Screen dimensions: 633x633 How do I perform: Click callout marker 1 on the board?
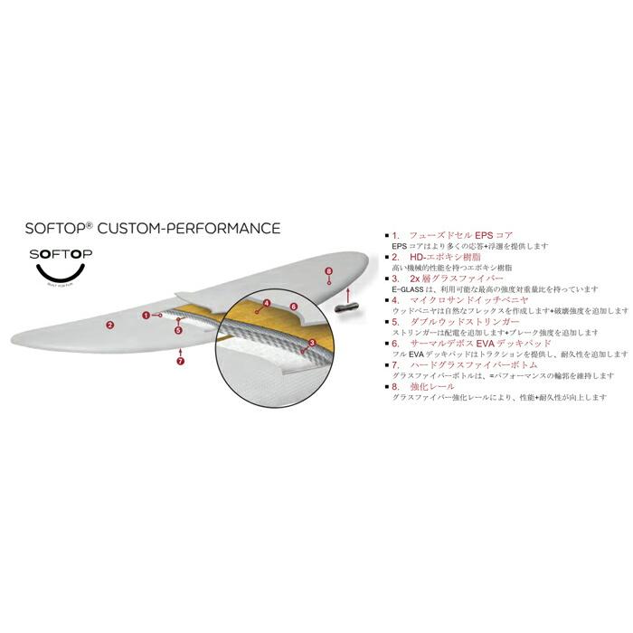click(x=146, y=314)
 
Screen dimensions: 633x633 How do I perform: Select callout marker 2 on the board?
click(x=109, y=324)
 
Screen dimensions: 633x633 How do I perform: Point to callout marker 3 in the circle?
click(x=311, y=343)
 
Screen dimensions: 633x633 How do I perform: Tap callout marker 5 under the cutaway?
click(x=179, y=330)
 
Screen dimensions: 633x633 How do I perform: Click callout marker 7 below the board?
click(x=181, y=362)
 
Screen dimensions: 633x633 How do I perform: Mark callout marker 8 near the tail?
click(x=328, y=270)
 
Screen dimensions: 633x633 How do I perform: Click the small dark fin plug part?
click(x=347, y=308)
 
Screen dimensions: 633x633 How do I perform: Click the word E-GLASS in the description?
click(x=409, y=289)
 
